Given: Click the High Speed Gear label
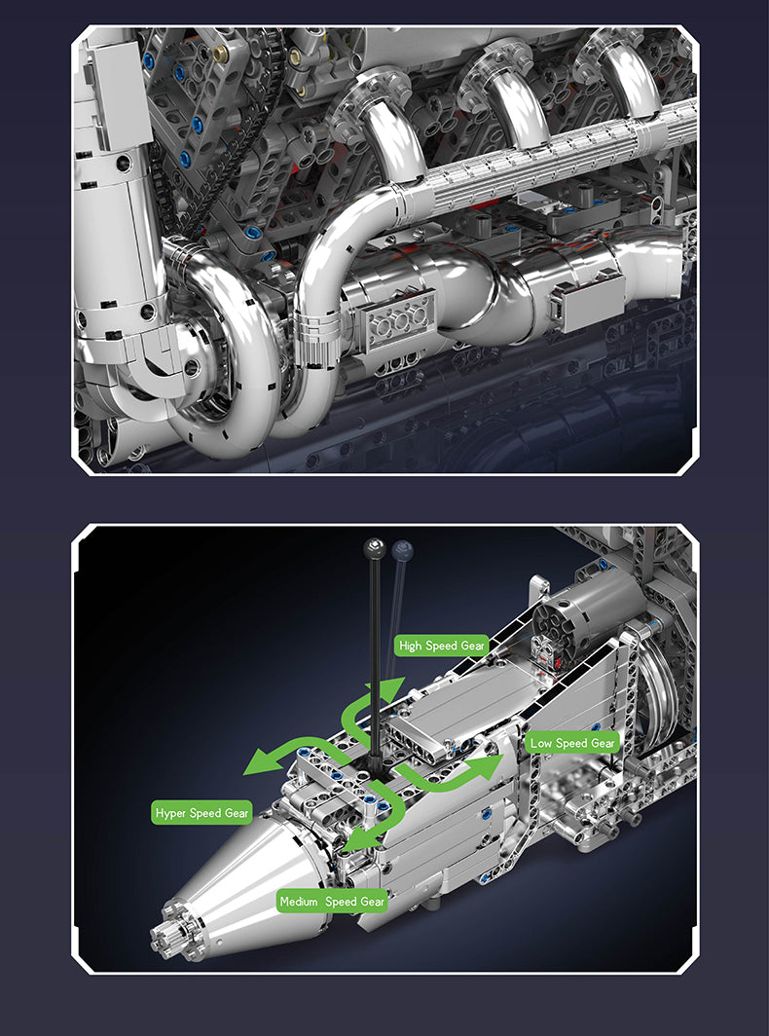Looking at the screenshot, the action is (x=442, y=646).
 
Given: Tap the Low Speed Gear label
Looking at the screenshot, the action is (x=572, y=743).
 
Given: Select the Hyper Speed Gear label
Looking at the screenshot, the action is (x=202, y=813).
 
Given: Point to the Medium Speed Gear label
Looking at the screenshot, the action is (x=332, y=902).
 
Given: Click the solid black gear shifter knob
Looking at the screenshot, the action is (x=373, y=548).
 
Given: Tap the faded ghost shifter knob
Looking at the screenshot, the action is (x=402, y=550).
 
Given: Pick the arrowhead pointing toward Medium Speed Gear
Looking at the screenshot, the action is (x=360, y=837).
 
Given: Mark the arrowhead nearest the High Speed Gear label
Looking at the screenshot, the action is (x=392, y=687).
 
